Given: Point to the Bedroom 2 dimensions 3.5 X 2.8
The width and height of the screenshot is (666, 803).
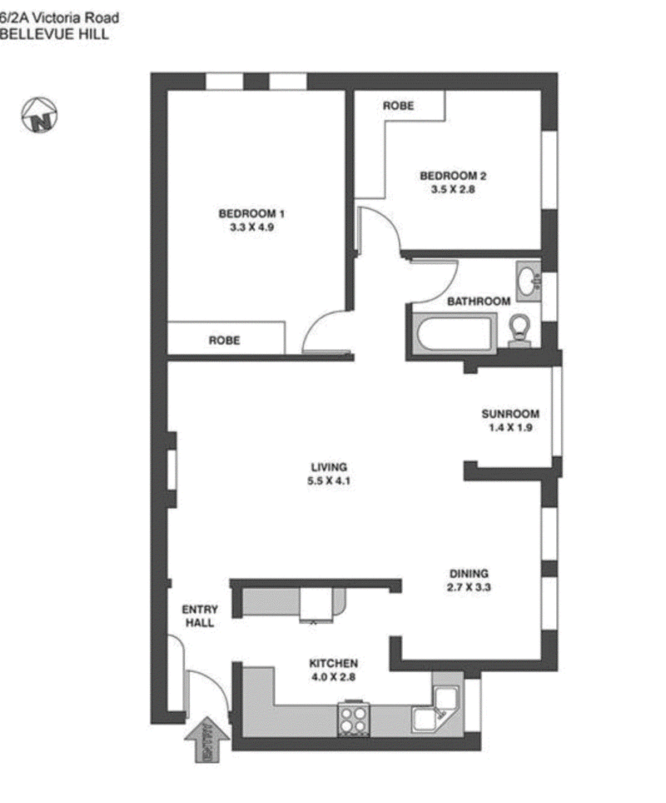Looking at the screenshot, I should pos(452,189).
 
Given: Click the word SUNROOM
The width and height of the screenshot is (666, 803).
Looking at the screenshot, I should pos(510,414).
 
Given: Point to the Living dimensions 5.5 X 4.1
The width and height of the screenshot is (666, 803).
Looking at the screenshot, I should pos(328,481).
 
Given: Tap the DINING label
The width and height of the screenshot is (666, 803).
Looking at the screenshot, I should pos(469,573).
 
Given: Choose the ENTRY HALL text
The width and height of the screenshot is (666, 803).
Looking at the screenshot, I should pos(200,616).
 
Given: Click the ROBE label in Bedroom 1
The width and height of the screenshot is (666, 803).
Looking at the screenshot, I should pos(224,340).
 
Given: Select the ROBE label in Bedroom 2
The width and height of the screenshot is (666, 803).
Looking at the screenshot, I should pos(398,106).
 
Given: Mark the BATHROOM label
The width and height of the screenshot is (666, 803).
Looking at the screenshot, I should pos(478,301).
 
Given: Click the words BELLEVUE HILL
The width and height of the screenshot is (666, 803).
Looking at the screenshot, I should pos(53,35).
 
